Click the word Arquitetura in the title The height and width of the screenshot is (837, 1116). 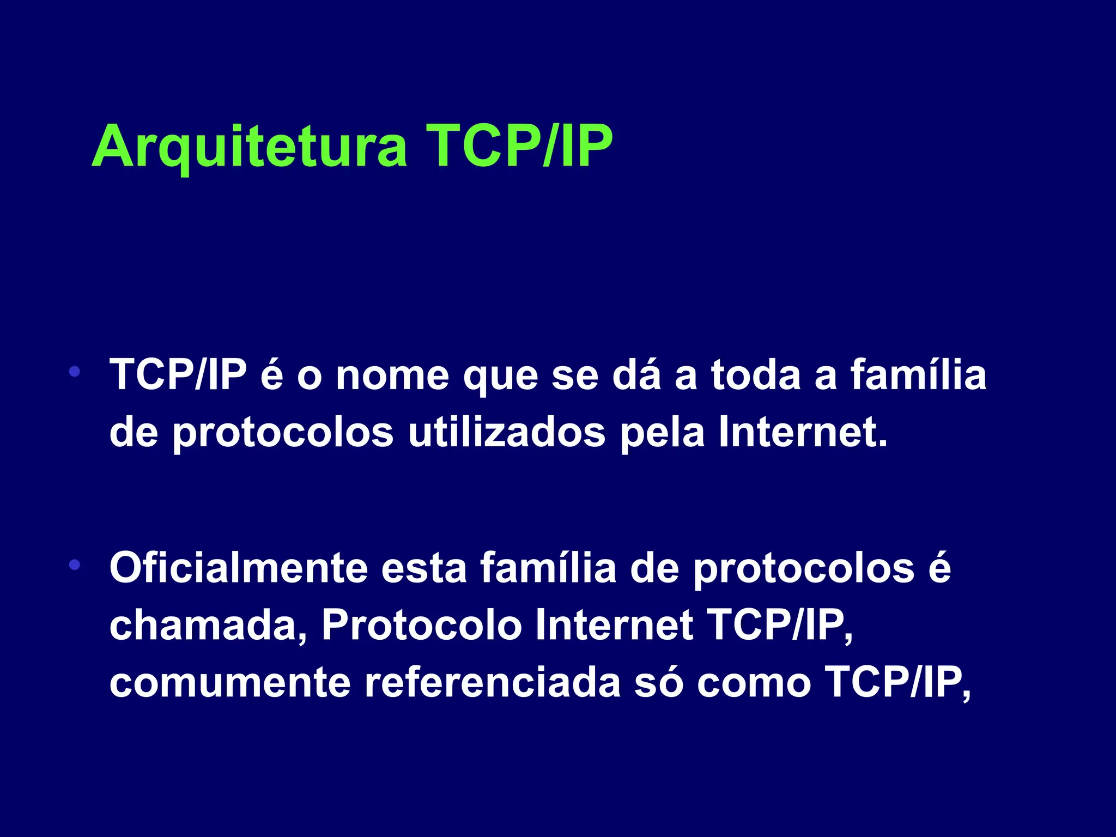pos(250,146)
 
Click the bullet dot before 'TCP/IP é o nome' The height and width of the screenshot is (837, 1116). pos(75,373)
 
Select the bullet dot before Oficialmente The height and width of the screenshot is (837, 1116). pos(75,565)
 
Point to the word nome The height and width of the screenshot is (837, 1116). pos(392,376)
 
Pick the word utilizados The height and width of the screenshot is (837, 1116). pos(507,433)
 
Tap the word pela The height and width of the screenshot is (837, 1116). pos(662,434)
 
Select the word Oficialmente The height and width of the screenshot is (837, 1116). pos(239,568)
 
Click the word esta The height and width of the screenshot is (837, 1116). pos(424,569)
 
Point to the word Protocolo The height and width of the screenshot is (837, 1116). pos(422,626)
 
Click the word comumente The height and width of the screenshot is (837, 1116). pos(230,683)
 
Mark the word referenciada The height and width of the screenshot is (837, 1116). pos(493,682)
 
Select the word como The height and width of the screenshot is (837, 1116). pos(754,683)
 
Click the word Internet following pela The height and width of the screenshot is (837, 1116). pos(803,433)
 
